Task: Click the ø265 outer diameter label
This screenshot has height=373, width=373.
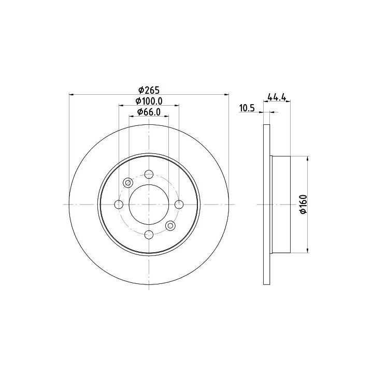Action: [149, 90]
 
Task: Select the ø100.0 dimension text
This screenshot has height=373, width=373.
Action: [149, 101]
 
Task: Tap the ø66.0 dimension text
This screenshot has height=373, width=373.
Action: [149, 112]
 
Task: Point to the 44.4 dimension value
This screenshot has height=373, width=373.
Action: [277, 97]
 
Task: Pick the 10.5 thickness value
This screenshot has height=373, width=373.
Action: [247, 108]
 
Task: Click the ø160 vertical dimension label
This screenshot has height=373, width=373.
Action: [304, 204]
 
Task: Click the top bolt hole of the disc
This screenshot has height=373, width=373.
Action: [149, 174]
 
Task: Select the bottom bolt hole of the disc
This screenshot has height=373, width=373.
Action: [149, 235]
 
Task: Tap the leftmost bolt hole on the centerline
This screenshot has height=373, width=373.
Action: [119, 204]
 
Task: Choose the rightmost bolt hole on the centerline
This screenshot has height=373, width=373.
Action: [179, 204]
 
